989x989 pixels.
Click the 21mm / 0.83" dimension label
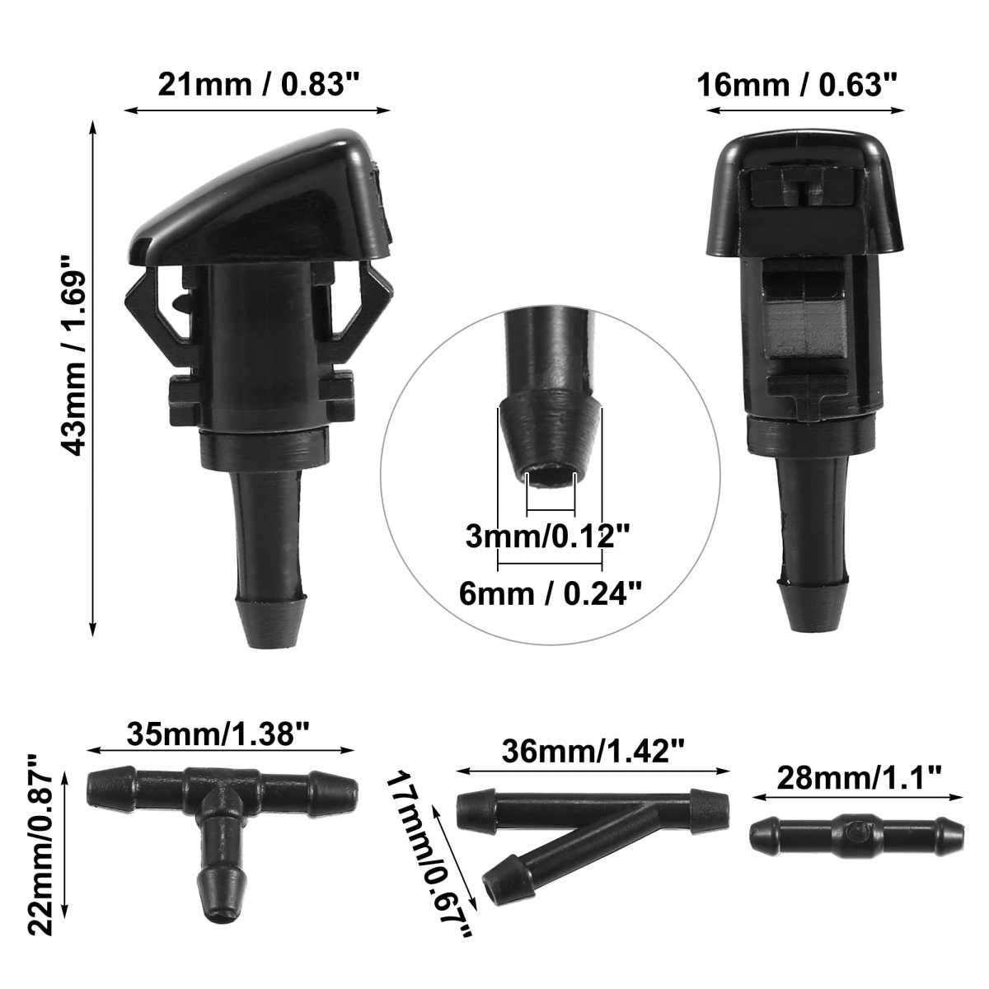[x=260, y=84]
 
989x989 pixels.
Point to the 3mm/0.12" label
[x=547, y=537]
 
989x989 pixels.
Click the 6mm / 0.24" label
[x=551, y=594]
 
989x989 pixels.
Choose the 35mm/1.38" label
[x=218, y=734]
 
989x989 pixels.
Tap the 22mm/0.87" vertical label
[x=41, y=837]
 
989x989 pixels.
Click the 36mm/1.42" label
[x=593, y=752]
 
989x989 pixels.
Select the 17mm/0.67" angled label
[x=429, y=855]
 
